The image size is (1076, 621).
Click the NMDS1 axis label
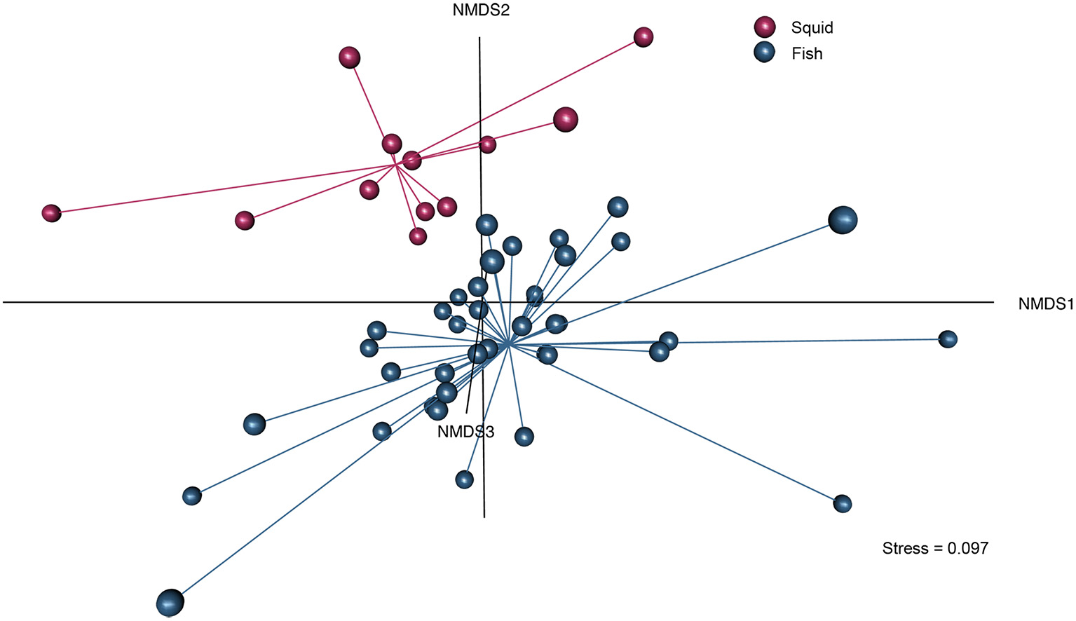point(1046,303)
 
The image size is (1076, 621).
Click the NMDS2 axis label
point(481,11)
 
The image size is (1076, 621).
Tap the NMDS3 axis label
point(465,432)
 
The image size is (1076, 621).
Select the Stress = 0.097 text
point(935,548)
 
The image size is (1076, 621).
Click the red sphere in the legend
point(765,27)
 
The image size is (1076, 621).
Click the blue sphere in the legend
point(765,53)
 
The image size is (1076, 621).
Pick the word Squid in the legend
point(812,28)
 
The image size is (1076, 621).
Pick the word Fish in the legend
point(807,54)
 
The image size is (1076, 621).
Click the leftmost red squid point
point(51,213)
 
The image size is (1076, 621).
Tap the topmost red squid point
point(643,37)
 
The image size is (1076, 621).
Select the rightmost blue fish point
point(948,339)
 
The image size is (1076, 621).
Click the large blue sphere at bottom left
point(170,602)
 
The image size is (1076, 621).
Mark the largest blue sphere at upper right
point(843,220)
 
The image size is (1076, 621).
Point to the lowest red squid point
point(418,236)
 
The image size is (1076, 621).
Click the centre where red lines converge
point(397,165)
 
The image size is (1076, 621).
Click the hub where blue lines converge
point(509,345)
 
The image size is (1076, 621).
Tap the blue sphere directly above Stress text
point(843,503)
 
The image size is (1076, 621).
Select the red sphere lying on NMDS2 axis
point(487,145)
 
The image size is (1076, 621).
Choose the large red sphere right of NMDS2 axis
point(566,120)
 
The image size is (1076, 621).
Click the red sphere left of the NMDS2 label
point(349,57)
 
